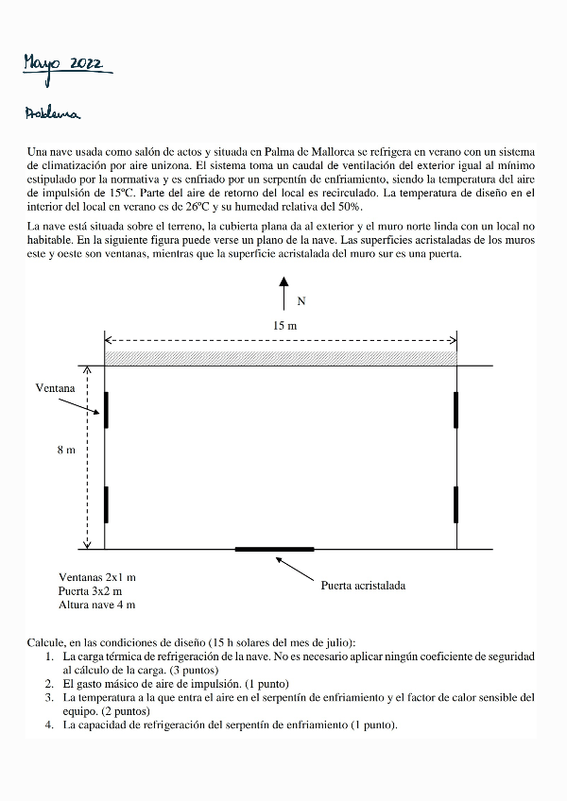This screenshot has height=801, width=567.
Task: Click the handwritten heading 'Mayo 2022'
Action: [68, 63]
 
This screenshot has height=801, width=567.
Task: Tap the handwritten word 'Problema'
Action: [54, 114]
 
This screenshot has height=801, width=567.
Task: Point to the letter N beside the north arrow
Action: [301, 302]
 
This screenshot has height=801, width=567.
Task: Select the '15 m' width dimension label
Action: [284, 326]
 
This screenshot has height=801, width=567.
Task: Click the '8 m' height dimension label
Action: [65, 451]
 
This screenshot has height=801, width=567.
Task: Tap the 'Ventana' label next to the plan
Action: [55, 387]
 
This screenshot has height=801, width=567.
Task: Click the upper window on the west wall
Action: [106, 410]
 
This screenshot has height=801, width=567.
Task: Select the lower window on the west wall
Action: [106, 503]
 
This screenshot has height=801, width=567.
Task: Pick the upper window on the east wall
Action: [455, 409]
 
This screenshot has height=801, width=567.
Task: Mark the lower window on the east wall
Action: [455, 503]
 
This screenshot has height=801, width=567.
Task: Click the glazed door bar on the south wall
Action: [274, 549]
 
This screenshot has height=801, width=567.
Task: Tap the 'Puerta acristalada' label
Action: [363, 586]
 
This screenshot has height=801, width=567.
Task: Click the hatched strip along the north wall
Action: [281, 358]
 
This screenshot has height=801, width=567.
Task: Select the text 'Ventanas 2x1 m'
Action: [96, 576]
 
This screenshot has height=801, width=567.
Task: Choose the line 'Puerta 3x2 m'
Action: [91, 590]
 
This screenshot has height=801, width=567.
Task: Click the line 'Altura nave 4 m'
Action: [96, 605]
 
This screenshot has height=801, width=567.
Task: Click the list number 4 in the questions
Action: [49, 725]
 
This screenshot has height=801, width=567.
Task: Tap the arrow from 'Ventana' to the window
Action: [80, 404]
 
